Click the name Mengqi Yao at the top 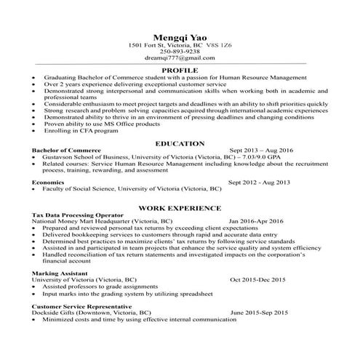(180, 36)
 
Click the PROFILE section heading (180, 69)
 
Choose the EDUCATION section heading (180, 144)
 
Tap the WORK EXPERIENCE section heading (180, 207)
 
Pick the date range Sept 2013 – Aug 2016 (260, 151)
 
